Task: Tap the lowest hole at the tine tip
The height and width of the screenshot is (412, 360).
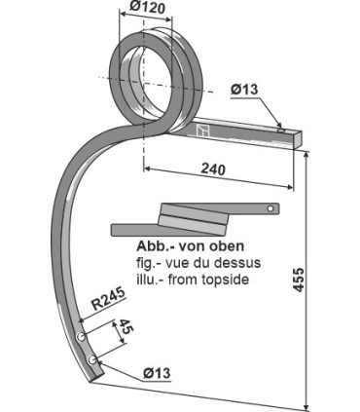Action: tap(92, 360)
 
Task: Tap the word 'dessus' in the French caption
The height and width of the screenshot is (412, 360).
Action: tap(225, 263)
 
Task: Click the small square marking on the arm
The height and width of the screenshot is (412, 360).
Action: tap(202, 131)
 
